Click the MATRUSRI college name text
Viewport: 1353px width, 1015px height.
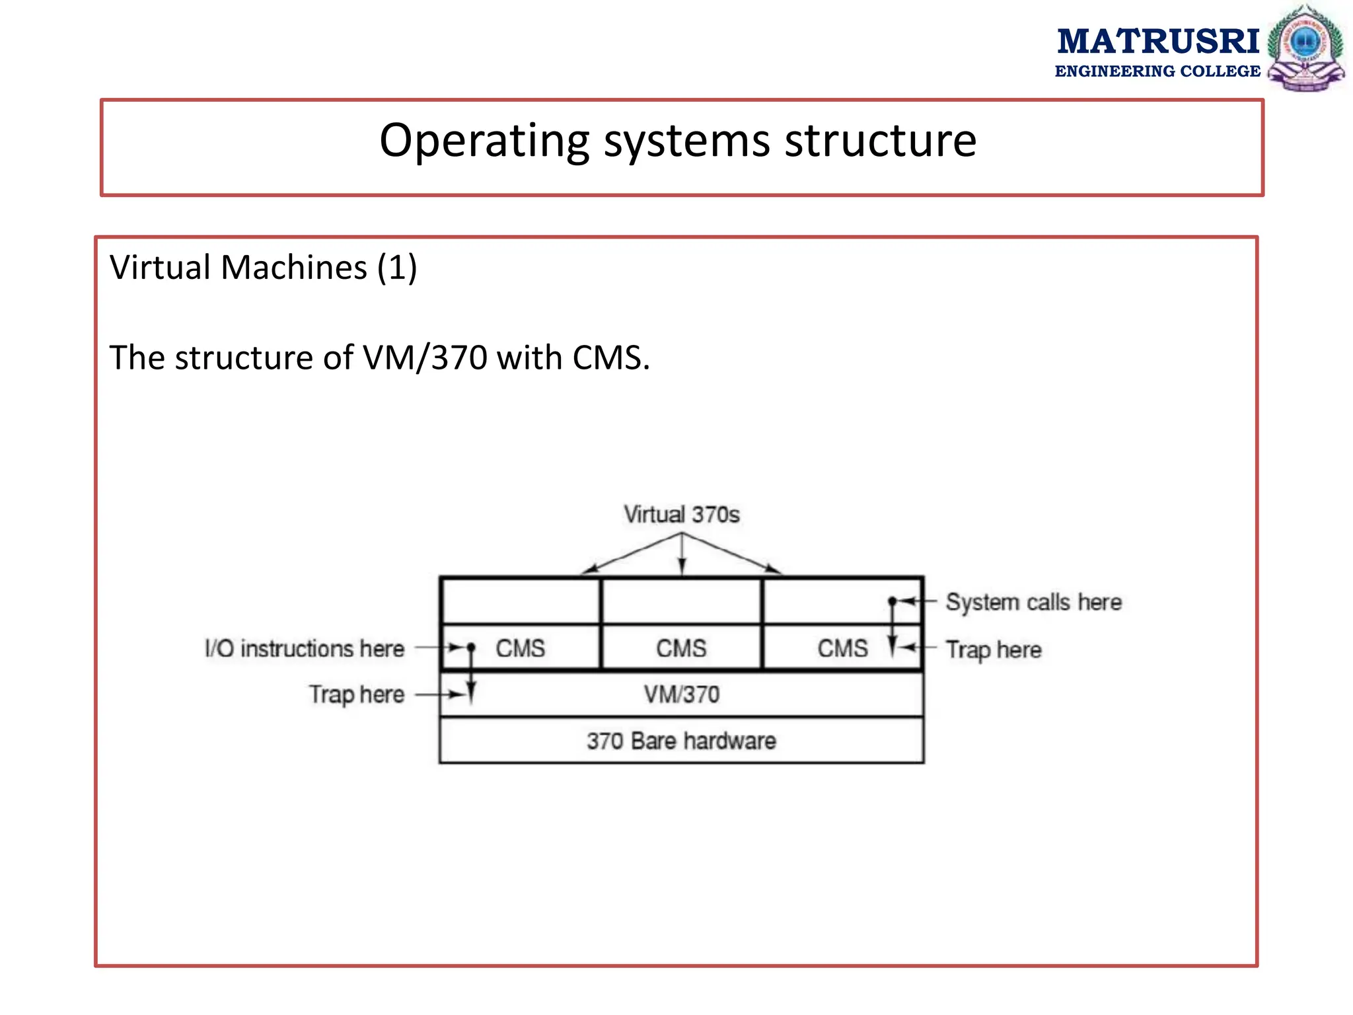[1157, 42]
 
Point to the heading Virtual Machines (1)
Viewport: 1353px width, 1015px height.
[263, 268]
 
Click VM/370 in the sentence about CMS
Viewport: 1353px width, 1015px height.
[425, 357]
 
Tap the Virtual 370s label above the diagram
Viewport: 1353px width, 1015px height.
[681, 514]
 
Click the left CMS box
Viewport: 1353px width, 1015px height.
[521, 648]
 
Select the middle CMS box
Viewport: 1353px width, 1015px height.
[681, 648]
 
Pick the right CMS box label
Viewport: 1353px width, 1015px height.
[842, 648]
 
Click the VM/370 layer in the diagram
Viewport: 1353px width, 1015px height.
[681, 695]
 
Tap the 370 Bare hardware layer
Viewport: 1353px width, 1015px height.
[681, 741]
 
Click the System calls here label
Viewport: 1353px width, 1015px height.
[1033, 602]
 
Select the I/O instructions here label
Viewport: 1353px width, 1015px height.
[305, 648]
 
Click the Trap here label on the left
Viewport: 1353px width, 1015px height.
[357, 695]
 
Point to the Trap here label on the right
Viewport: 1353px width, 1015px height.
[993, 650]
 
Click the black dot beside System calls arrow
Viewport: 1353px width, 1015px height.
[892, 601]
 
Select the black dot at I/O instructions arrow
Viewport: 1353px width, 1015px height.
[471, 647]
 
